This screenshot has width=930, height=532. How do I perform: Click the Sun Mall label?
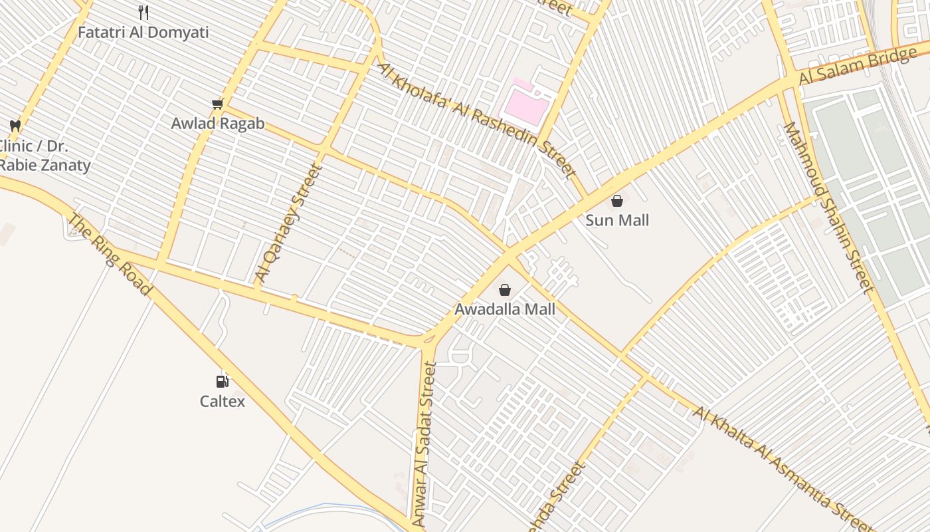coord(617,220)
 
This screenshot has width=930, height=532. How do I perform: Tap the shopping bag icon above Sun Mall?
coord(617,200)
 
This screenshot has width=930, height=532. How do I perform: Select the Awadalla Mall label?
coord(505,309)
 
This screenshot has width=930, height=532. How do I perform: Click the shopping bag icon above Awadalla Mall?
coord(505,289)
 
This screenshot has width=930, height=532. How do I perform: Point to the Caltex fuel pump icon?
coord(223,381)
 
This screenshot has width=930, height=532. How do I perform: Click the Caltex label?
coord(223,401)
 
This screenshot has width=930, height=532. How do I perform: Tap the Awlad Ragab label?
coord(218,124)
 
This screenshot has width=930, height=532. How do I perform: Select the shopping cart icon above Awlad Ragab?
coord(217,104)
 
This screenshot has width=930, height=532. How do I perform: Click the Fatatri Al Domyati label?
coord(143,32)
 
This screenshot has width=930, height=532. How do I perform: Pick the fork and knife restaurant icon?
coord(143,12)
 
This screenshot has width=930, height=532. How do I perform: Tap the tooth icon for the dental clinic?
coord(15,125)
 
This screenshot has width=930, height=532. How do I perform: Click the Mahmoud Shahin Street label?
coord(828,207)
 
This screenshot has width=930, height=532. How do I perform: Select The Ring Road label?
coord(110,255)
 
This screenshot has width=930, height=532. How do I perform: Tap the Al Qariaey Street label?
coord(288,223)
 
